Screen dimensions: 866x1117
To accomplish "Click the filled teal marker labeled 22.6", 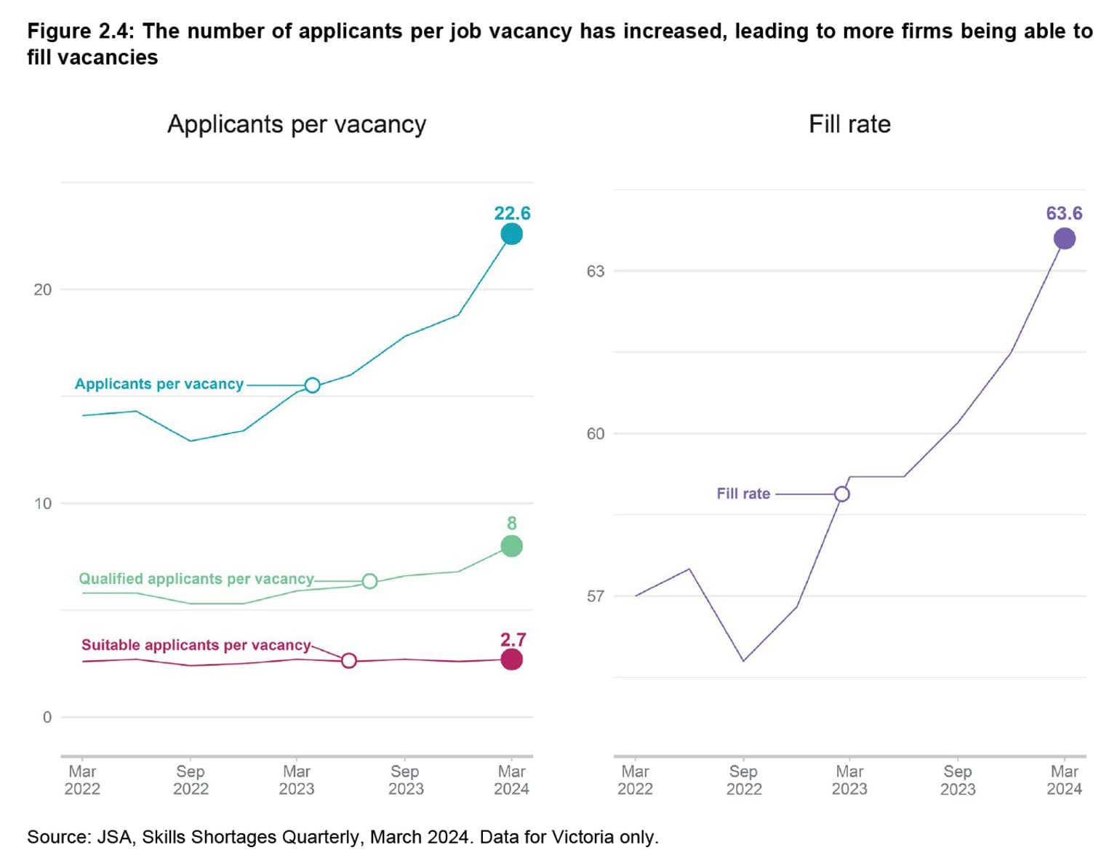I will [x=511, y=234].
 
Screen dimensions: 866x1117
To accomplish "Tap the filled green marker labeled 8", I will [x=511, y=546].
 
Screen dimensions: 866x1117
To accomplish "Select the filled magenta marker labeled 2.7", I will [x=511, y=659].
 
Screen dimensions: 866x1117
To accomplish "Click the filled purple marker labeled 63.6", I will [x=1065, y=238].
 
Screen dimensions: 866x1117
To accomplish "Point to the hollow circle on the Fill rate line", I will [x=841, y=494].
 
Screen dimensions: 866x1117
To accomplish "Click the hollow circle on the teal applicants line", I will [x=312, y=385].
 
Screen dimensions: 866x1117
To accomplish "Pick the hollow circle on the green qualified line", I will [x=369, y=581].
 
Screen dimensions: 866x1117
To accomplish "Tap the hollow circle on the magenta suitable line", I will [x=349, y=660].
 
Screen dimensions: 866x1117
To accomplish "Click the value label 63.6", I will [x=1064, y=213].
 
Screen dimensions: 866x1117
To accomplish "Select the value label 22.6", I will [x=512, y=213].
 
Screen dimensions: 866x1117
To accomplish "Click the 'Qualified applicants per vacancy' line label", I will [x=196, y=579].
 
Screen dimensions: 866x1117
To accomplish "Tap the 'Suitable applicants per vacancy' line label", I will [x=196, y=645].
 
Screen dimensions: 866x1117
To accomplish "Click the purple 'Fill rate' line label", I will [x=742, y=494].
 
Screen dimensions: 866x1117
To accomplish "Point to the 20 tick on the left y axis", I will [x=43, y=289].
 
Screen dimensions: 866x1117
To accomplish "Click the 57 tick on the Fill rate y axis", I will [x=595, y=596].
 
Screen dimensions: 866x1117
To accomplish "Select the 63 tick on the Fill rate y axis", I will [x=595, y=271].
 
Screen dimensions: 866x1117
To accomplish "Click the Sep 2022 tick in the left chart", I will [x=191, y=779].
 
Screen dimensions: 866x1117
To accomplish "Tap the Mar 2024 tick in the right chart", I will [x=1064, y=779].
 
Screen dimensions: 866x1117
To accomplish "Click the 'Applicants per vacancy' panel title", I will [x=297, y=124].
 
